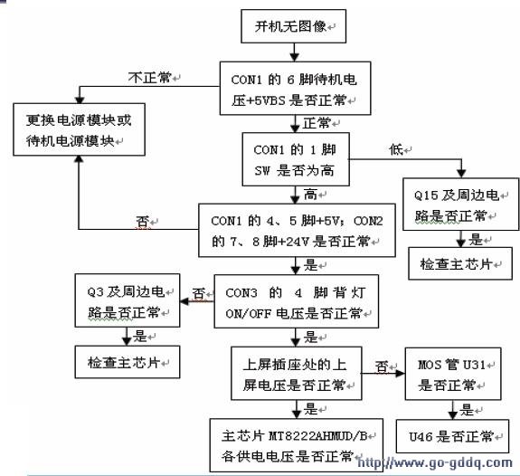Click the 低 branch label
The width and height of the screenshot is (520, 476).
click(x=396, y=149)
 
